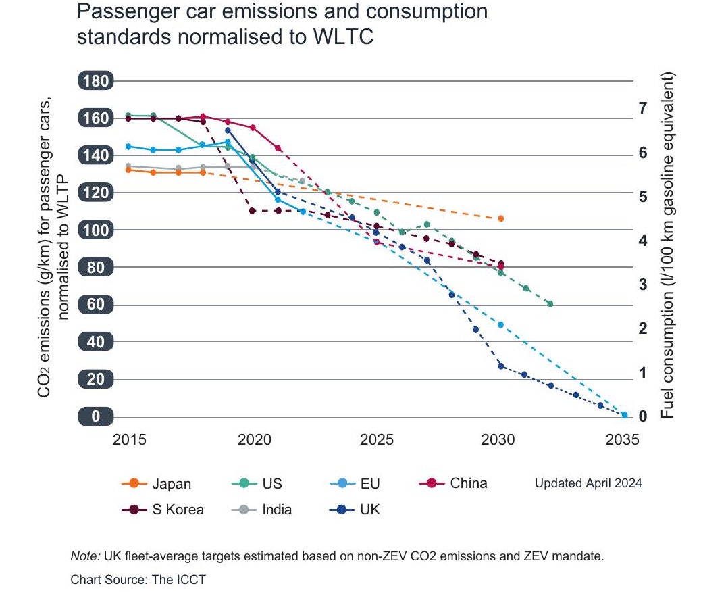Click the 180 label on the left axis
point(95,81)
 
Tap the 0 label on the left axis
point(95,416)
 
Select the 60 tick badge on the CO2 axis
point(95,305)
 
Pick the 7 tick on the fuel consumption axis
point(643,108)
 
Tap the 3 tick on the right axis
point(643,284)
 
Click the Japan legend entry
point(156,484)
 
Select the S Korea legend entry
point(162,510)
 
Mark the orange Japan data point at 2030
point(500,218)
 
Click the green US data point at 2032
point(550,304)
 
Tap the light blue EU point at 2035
point(625,415)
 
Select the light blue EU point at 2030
point(500,325)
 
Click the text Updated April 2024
point(588,484)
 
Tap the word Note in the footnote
point(84,556)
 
